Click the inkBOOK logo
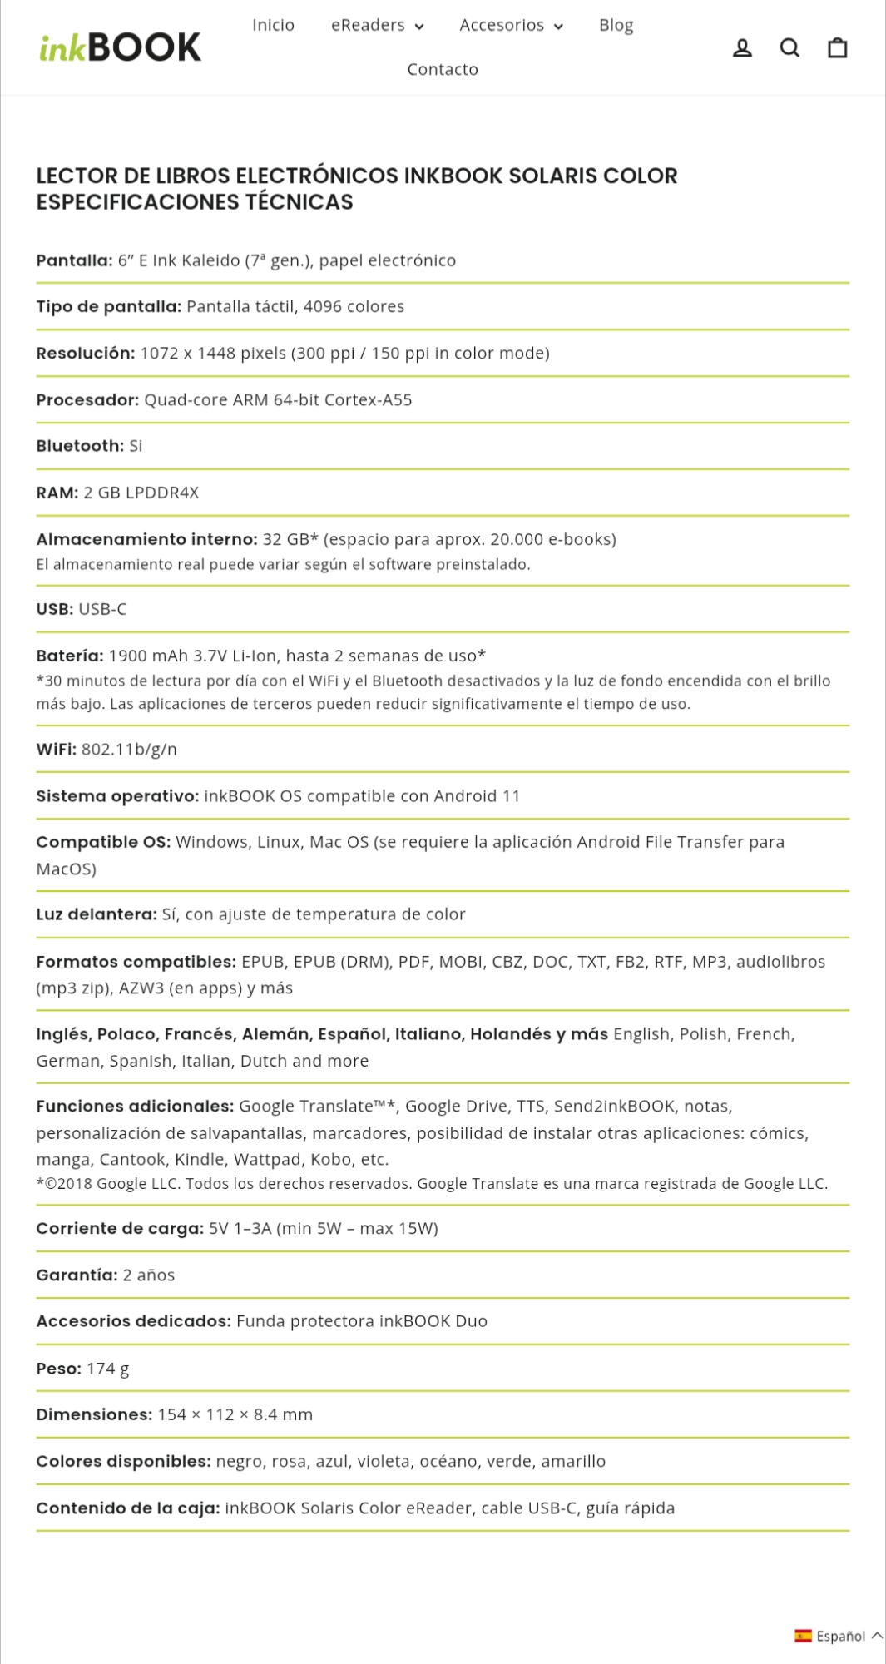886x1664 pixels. [x=121, y=47]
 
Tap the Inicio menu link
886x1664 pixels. [x=273, y=25]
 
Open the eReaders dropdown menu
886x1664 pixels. [x=377, y=25]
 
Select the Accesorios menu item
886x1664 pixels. [x=511, y=25]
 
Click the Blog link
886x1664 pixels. [x=616, y=25]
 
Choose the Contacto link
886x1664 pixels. [x=443, y=69]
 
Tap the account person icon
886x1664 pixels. [x=742, y=48]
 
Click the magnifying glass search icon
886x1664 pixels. [x=789, y=48]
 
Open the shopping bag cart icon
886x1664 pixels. [x=837, y=48]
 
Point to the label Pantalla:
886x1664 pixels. [x=74, y=260]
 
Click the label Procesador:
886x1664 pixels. [x=87, y=400]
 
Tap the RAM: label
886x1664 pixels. [x=57, y=493]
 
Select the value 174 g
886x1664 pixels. [x=108, y=1369]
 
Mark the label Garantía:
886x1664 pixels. [x=77, y=1275]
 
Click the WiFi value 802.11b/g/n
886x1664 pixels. [x=129, y=750]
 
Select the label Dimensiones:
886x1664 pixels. [x=94, y=1415]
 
